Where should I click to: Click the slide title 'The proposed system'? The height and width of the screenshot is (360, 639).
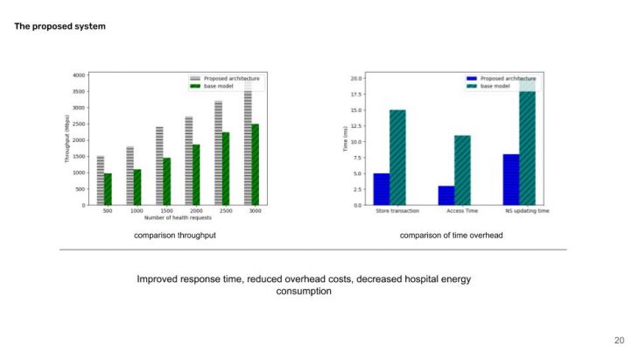(60, 26)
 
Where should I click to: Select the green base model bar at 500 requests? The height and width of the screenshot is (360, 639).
(109, 189)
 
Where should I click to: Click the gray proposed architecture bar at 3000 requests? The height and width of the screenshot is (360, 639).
(248, 149)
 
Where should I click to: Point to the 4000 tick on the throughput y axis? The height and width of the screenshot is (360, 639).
(79, 74)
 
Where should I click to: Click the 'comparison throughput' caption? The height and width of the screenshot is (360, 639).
(175, 236)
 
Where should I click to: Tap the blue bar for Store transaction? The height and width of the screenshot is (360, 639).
(381, 189)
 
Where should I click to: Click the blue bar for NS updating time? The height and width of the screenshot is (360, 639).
(510, 180)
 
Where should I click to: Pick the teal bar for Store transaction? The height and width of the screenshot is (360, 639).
(397, 158)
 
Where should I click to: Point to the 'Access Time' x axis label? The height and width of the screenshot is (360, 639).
(453, 211)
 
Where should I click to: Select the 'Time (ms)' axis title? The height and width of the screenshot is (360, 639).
(347, 141)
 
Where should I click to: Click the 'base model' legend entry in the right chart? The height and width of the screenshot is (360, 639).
(495, 86)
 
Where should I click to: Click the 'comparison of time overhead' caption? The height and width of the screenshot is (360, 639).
(451, 236)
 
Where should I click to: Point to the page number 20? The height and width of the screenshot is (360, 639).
(619, 341)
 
